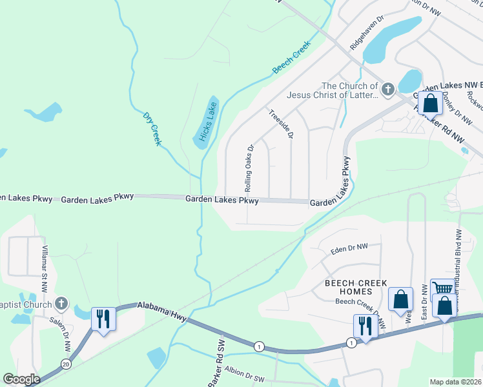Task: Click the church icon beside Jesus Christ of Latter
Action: pos(388,90)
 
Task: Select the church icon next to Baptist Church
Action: pos(61,303)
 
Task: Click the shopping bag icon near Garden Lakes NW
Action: pos(429,103)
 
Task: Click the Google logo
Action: pos(22,379)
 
